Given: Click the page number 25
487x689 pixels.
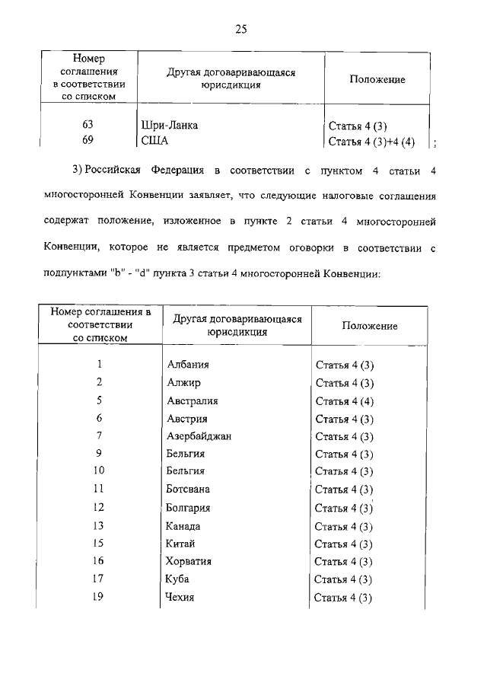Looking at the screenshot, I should pyautogui.click(x=242, y=30).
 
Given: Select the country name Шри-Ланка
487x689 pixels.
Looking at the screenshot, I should pyautogui.click(x=170, y=126).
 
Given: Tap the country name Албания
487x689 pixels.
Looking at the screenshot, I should pyautogui.click(x=187, y=365).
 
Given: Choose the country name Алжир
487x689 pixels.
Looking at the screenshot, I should pyautogui.click(x=183, y=382).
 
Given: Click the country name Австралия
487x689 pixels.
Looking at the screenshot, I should pyautogui.click(x=192, y=400).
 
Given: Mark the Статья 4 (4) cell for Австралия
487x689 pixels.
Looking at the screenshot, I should pyautogui.click(x=344, y=400).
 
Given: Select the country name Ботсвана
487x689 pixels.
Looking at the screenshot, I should pyautogui.click(x=188, y=490).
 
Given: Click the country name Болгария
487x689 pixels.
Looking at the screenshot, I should pyautogui.click(x=188, y=508).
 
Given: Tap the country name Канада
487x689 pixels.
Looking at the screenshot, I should pyautogui.click(x=183, y=526).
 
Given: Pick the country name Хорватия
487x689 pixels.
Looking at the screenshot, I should pyautogui.click(x=189, y=561).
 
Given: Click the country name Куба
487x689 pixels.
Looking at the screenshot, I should pyautogui.click(x=177, y=579).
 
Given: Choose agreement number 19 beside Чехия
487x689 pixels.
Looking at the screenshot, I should pyautogui.click(x=98, y=597).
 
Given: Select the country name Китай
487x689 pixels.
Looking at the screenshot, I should pyautogui.click(x=180, y=544).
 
